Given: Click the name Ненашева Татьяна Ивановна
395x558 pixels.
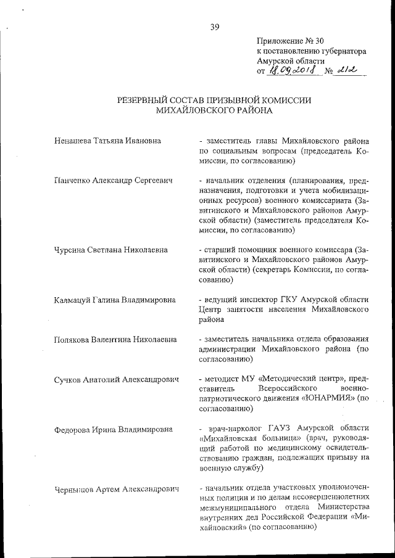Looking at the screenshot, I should click(107, 141).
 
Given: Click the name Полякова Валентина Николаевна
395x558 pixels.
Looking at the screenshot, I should click(115, 340).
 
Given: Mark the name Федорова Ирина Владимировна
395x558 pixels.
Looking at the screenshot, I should click(114, 429).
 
